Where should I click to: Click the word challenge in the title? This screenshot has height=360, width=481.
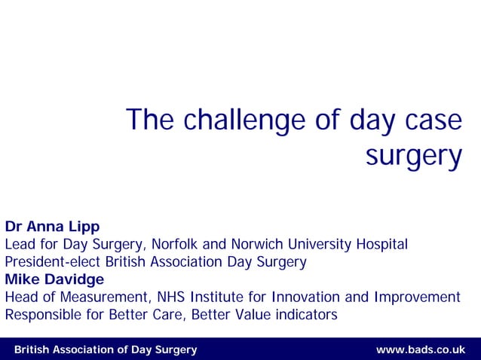click(x=240, y=121)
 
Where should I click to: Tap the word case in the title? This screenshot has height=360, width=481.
click(x=432, y=121)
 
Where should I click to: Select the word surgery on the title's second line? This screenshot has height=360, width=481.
click(x=413, y=157)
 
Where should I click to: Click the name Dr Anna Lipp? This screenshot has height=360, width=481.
click(x=52, y=227)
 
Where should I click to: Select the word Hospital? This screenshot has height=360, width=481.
click(x=383, y=245)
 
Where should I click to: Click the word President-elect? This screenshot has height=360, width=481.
click(x=54, y=262)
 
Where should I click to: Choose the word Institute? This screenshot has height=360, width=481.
click(x=219, y=297)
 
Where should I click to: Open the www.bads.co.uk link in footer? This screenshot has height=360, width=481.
click(x=421, y=349)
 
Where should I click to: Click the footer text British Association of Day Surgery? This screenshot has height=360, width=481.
click(x=106, y=349)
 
